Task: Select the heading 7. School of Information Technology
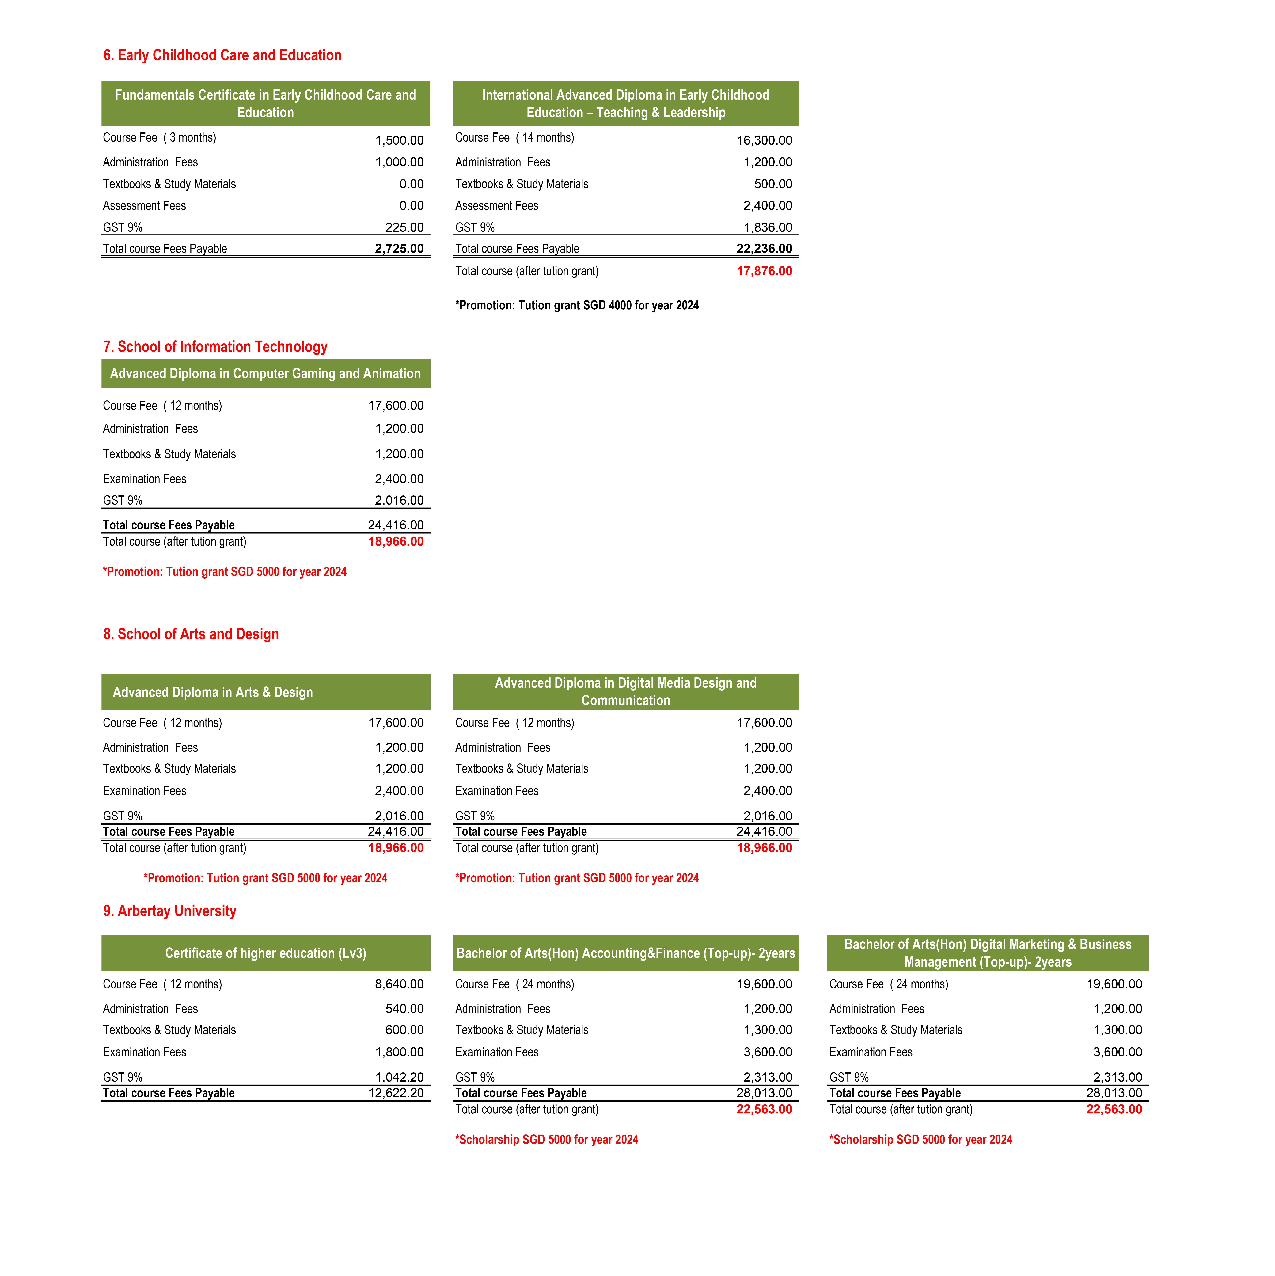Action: [x=215, y=347]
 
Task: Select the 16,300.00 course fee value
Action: [x=764, y=140]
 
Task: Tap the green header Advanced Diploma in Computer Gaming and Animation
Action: [x=265, y=374]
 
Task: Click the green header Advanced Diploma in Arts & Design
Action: [x=213, y=692]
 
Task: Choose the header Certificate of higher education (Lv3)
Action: [x=265, y=953]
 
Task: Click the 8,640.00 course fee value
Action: [x=399, y=984]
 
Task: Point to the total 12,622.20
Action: [x=396, y=1093]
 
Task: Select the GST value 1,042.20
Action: [x=399, y=1077]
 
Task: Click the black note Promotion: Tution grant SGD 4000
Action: [x=576, y=305]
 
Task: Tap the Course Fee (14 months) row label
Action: [x=514, y=137]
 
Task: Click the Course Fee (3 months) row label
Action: [x=159, y=137]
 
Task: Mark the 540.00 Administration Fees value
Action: [x=404, y=1009]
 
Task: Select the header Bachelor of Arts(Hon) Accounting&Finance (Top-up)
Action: [x=625, y=953]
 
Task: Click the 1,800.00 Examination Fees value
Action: [x=399, y=1052]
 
